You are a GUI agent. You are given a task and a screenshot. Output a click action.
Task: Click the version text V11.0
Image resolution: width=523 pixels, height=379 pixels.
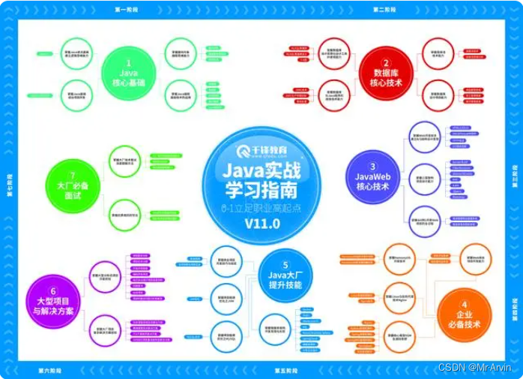point(262,223)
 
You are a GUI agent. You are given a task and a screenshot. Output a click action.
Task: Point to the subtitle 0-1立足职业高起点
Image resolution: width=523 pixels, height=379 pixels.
point(261,206)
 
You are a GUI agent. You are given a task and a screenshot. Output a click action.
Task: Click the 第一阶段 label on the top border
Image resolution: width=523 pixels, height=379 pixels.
point(128,10)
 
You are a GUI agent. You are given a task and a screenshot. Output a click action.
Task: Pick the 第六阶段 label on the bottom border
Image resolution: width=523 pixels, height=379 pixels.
point(52,370)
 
